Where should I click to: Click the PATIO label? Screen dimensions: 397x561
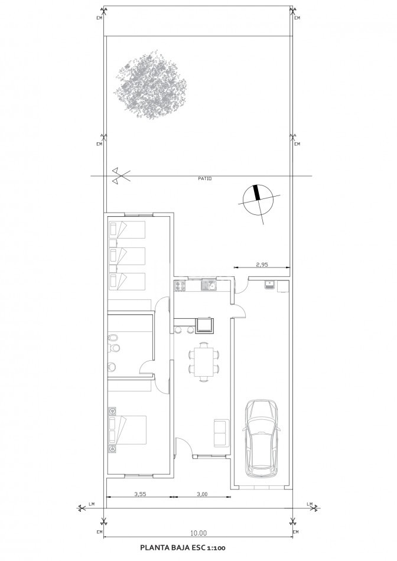(205, 178)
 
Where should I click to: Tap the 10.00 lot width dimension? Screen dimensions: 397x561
(198, 533)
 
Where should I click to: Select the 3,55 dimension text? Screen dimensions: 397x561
(141, 494)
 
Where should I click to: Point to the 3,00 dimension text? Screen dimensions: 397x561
(202, 494)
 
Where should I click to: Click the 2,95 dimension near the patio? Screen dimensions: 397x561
(262, 265)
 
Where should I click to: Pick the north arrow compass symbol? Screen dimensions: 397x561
(258, 200)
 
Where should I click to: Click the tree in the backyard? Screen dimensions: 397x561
(150, 85)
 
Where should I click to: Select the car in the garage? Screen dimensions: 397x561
(261, 438)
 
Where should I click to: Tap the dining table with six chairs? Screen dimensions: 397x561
(204, 362)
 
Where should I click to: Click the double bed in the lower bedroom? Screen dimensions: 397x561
(128, 429)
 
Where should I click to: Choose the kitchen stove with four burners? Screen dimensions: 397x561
(180, 285)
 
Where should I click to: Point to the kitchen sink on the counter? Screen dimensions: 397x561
(209, 285)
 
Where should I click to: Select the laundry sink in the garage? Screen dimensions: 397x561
(269, 285)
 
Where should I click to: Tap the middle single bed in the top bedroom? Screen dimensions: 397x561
(127, 256)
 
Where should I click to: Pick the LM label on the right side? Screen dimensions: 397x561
(310, 504)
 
